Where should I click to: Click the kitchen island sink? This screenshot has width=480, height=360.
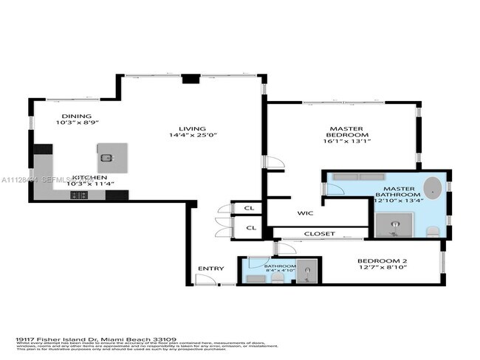click(x=106, y=158)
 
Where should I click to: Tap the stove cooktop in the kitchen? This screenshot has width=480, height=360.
click(x=78, y=195)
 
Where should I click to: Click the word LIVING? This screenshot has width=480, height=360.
click(x=195, y=128)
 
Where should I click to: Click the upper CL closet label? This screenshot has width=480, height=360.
click(x=250, y=210)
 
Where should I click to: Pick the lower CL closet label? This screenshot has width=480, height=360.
click(x=250, y=228)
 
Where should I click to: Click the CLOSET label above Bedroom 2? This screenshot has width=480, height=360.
click(x=319, y=234)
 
